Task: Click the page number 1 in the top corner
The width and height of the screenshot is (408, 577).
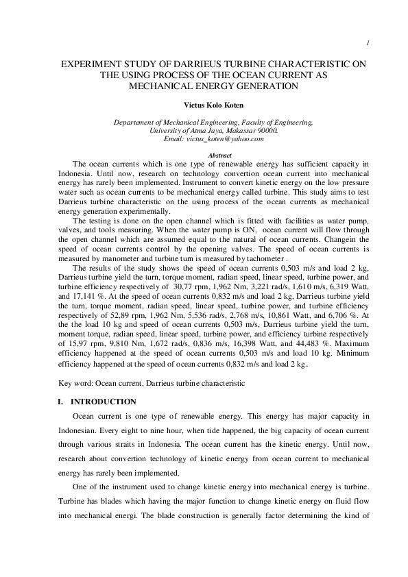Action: (x=368, y=44)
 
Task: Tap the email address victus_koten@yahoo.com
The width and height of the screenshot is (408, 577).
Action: (x=214, y=138)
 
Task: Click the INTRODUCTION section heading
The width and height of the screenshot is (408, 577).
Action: (x=104, y=402)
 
